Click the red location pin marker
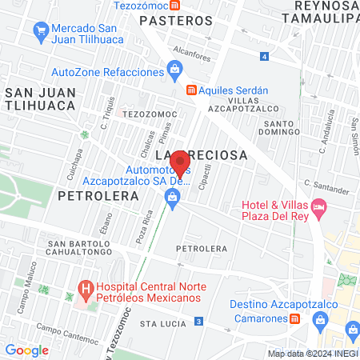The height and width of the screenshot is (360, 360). [x=181, y=163]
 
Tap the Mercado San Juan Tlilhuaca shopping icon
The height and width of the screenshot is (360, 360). [x=41, y=30]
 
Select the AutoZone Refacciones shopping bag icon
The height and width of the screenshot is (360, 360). [x=174, y=71]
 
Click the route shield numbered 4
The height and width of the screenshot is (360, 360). [x=265, y=56]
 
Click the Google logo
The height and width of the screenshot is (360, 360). [x=26, y=350]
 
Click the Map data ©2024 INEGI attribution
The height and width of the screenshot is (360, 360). [x=312, y=354]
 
